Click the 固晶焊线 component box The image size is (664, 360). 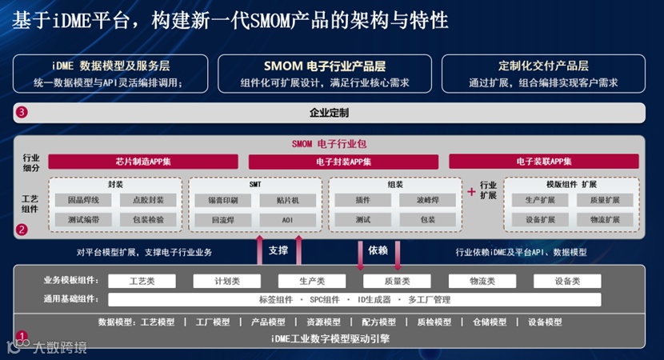[85, 200]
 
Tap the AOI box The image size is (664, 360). [287, 219]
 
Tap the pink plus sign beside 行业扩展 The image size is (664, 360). [471, 192]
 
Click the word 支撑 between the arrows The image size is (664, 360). [278, 250]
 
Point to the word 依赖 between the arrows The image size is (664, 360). [378, 250]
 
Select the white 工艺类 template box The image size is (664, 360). [142, 281]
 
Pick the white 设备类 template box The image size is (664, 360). [567, 281]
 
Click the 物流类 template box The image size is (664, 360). [482, 281]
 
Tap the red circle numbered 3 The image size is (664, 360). [22, 112]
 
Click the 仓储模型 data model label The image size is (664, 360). [489, 322]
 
